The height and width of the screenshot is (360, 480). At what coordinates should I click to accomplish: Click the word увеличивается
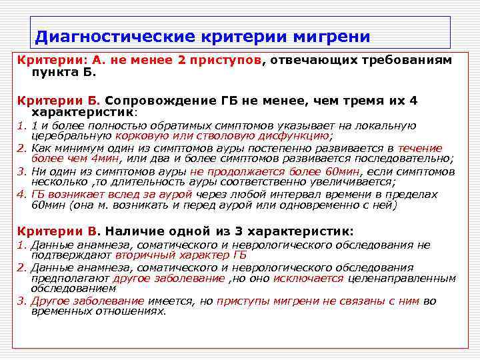[x=353, y=181]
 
